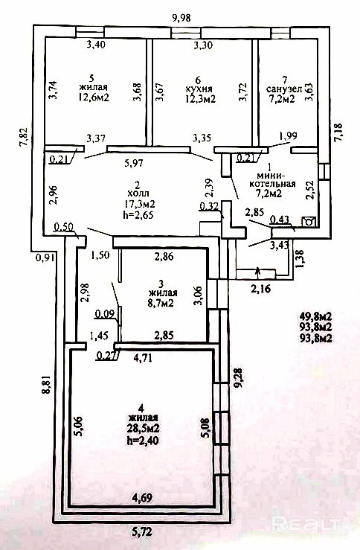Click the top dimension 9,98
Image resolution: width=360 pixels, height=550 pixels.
tap(181, 18)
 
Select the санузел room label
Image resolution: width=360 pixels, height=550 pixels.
tap(284, 89)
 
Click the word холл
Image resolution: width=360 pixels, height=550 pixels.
tap(138, 194)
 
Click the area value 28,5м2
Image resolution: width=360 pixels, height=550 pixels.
tap(144, 428)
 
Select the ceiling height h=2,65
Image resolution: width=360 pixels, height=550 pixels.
tap(140, 214)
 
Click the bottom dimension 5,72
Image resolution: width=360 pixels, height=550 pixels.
tap(142, 532)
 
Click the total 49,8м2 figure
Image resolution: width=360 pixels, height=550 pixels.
tap(315, 316)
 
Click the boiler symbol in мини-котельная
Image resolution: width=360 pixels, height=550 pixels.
tap(309, 222)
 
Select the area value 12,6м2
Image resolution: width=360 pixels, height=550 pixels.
tap(94, 97)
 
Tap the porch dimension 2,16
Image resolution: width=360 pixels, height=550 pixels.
tap(261, 290)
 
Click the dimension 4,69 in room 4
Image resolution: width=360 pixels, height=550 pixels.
tap(142, 498)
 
